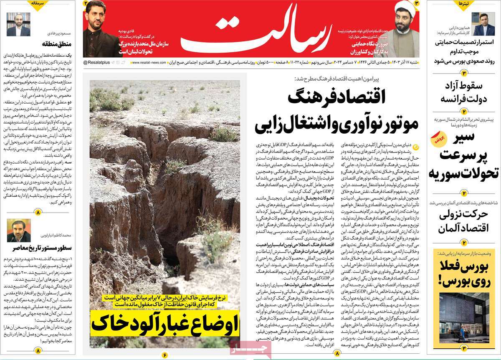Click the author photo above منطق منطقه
pyautogui.click(x=18, y=24)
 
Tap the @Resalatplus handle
pyautogui.click(x=97, y=62)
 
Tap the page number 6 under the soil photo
pyautogui.click(x=165, y=355)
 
